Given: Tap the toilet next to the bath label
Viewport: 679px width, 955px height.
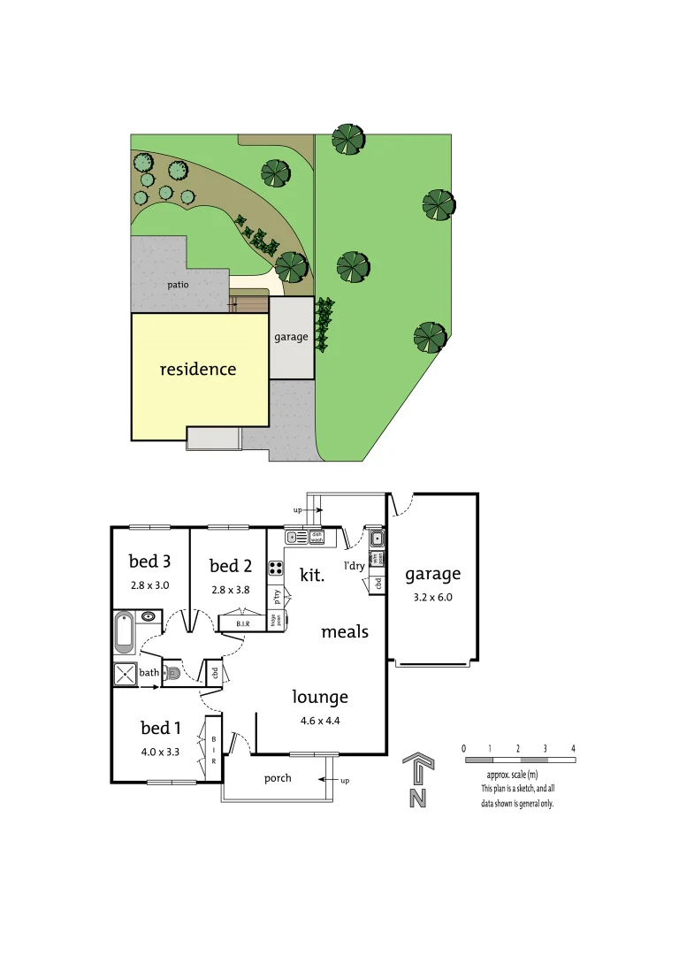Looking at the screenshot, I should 173,674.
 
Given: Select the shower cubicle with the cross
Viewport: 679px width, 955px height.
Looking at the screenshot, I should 124,675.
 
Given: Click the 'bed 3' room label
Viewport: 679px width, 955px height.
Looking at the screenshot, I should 149,561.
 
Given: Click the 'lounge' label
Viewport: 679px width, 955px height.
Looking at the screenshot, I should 320,697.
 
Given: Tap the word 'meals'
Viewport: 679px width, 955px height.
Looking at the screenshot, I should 345,631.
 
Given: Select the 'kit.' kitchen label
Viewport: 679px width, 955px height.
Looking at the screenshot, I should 312,575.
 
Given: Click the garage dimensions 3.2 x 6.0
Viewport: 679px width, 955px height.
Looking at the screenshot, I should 433,597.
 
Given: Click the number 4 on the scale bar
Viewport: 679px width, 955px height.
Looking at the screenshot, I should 573,748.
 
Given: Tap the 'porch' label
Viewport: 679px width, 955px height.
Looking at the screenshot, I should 278,778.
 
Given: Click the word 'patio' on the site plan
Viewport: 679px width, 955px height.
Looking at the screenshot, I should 179,284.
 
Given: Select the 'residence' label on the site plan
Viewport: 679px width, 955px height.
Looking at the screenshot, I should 198,369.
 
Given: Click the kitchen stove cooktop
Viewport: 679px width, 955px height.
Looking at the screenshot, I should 275,567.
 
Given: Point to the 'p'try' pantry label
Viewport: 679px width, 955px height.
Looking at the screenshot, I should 277,597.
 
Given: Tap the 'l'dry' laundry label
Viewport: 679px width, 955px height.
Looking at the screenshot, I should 355,565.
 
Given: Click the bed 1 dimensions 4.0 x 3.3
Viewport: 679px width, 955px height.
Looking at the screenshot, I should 160,753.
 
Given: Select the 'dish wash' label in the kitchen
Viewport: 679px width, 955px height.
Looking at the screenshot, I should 317,536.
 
